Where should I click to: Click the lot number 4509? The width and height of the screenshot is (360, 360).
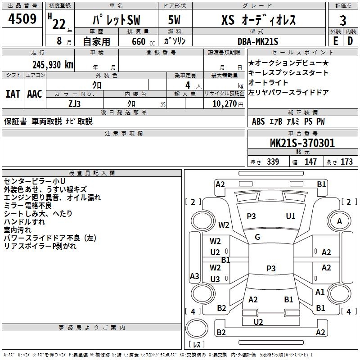coord(22,19)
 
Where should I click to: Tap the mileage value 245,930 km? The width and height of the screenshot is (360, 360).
coord(53,65)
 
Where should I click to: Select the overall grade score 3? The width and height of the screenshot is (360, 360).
coord(343,21)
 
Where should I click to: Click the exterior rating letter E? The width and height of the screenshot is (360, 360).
coord(335,41)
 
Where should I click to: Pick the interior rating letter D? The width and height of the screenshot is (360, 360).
coord(350,41)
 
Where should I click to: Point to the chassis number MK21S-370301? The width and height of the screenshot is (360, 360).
coord(302,143)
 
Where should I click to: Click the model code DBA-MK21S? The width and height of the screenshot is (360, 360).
coord(258,41)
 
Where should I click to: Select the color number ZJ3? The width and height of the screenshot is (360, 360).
coord(74,104)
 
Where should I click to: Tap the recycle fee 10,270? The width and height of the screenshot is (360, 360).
coord(224,104)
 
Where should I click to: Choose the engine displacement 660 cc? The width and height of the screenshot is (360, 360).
coord(143,41)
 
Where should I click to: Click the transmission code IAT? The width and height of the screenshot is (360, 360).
coord(13,94)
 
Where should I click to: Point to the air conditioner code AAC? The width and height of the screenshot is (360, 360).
coord(35,94)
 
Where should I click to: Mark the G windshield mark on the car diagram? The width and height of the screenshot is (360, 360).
coord(257,237)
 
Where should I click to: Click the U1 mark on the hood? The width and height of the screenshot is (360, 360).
coord(290,216)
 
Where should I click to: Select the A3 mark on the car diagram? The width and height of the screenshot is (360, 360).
coord(194,276)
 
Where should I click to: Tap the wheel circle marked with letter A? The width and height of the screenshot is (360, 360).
coord(339,221)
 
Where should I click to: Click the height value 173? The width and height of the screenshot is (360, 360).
coord(346,162)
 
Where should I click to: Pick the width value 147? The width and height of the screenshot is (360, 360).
coord(310,162)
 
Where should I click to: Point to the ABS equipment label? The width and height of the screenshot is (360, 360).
coord(258,121)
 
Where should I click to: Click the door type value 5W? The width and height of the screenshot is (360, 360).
coord(174,20)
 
